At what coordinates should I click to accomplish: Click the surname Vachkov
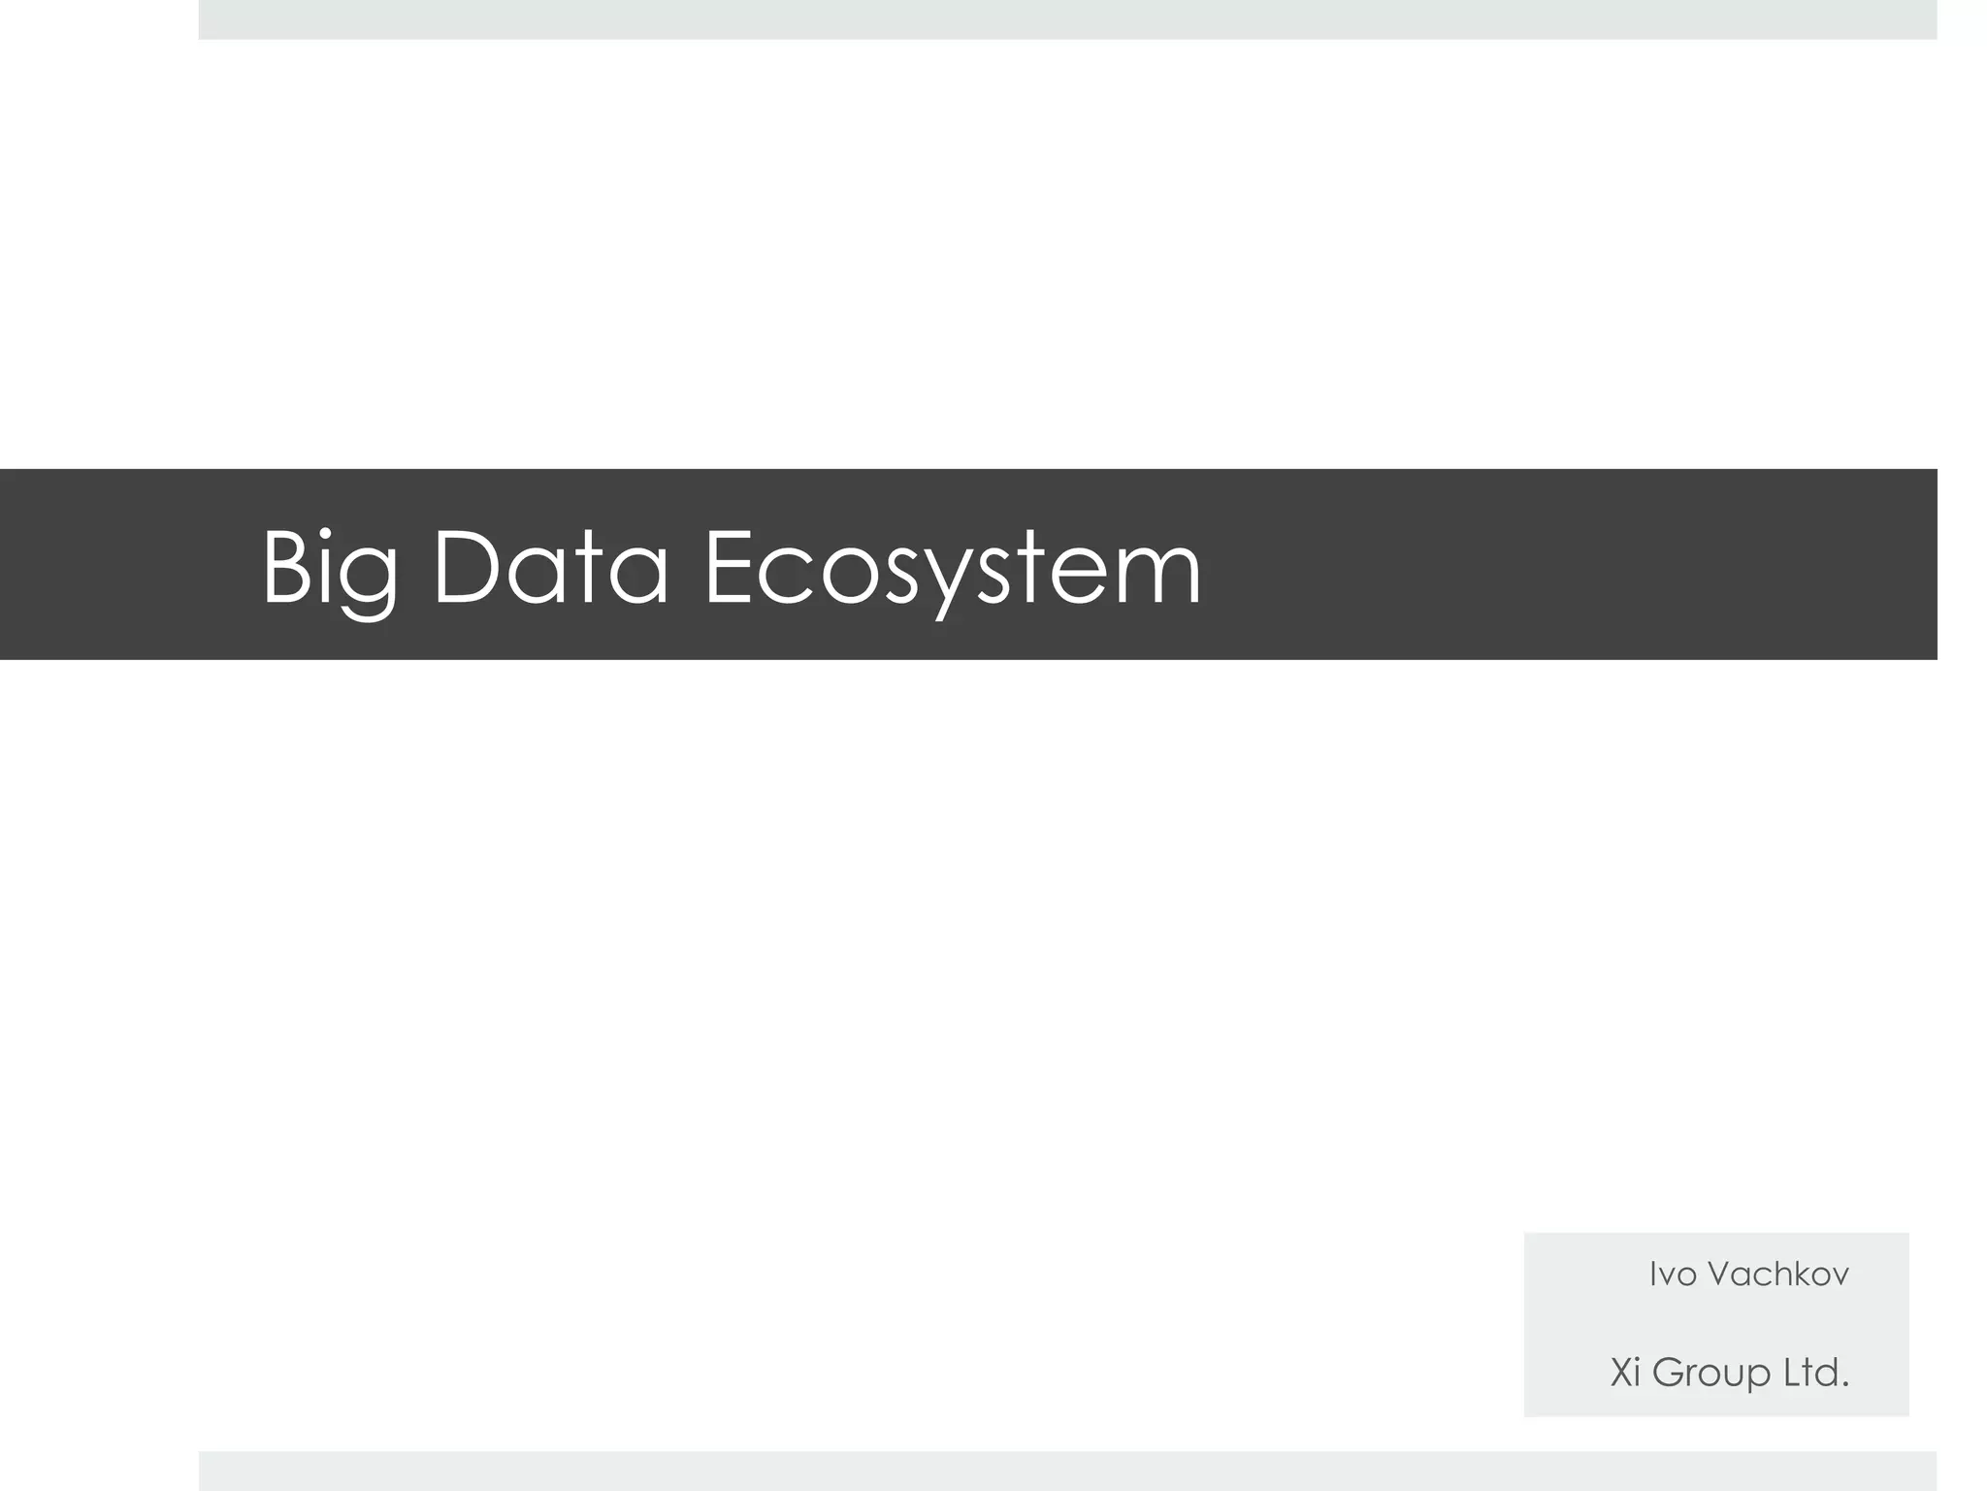1778,1274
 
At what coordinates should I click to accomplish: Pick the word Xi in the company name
1626,1373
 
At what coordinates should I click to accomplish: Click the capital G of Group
1671,1373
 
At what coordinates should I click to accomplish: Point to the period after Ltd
1844,1385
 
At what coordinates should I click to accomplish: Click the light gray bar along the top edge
1067,19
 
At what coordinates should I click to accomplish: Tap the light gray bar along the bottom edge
1067,1471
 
